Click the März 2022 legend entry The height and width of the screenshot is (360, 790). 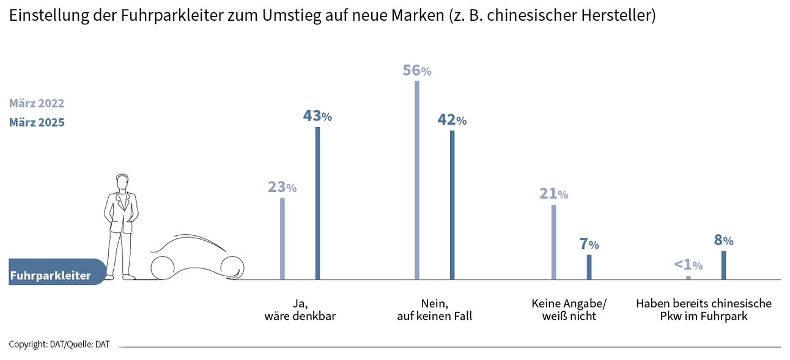(x=37, y=103)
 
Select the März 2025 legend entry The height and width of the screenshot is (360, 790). (x=37, y=122)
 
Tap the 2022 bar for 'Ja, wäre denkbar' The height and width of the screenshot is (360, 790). (x=282, y=238)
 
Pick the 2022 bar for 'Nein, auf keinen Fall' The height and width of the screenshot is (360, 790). (x=417, y=180)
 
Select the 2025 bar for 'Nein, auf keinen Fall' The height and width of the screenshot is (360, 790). (x=452, y=205)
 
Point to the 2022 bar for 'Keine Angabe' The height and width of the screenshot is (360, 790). (x=554, y=242)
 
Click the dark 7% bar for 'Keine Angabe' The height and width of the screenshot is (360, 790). (x=589, y=267)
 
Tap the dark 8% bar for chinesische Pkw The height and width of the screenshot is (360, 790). (x=723, y=265)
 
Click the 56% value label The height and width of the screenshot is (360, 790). (x=417, y=71)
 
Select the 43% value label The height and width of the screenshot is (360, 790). (x=317, y=116)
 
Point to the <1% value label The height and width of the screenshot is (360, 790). (x=688, y=265)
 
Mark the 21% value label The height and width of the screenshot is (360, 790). (x=553, y=194)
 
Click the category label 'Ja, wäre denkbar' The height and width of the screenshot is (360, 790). (x=300, y=310)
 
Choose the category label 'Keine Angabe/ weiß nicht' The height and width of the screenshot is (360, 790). (x=569, y=310)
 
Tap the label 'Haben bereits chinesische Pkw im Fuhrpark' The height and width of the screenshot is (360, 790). (x=704, y=310)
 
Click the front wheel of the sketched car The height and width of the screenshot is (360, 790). (x=232, y=267)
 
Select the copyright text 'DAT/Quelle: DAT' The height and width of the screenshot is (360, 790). (x=59, y=345)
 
